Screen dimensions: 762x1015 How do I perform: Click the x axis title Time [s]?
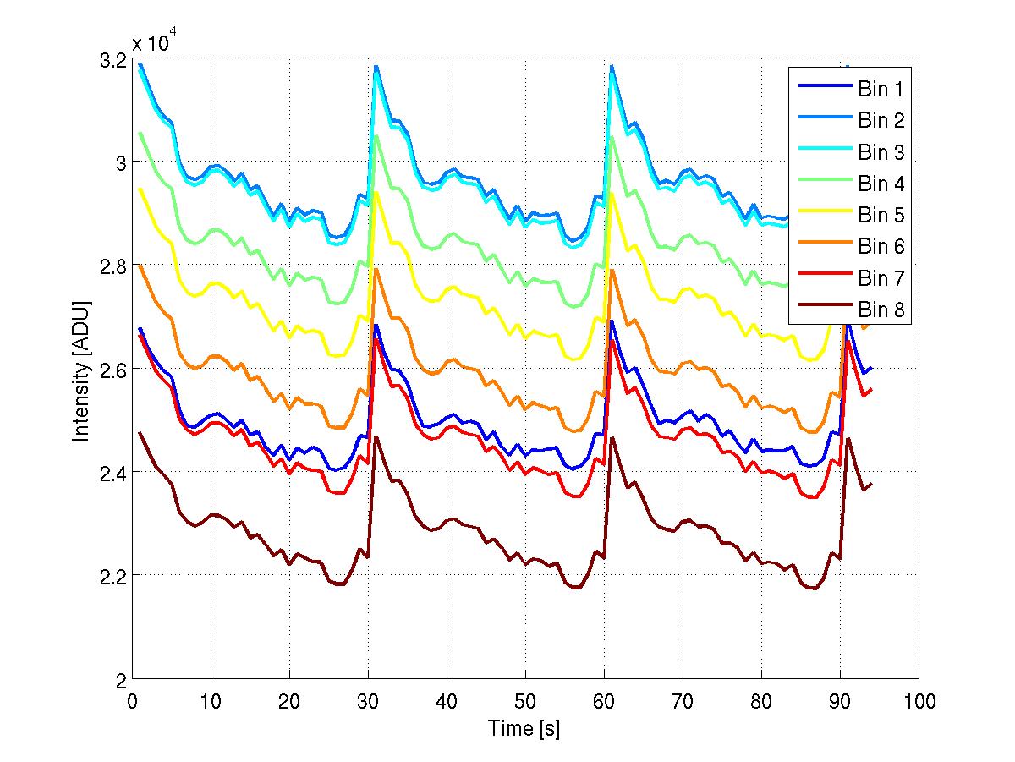coord(524,728)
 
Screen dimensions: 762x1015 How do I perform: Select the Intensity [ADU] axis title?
coord(81,370)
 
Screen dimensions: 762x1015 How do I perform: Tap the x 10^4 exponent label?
coord(155,43)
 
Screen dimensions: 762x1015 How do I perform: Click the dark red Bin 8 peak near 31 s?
coord(376,437)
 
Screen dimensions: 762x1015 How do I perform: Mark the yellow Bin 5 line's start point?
coord(140,189)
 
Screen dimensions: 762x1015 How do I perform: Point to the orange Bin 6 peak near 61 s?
coord(612,270)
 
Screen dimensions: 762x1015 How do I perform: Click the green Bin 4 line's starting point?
coord(140,133)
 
